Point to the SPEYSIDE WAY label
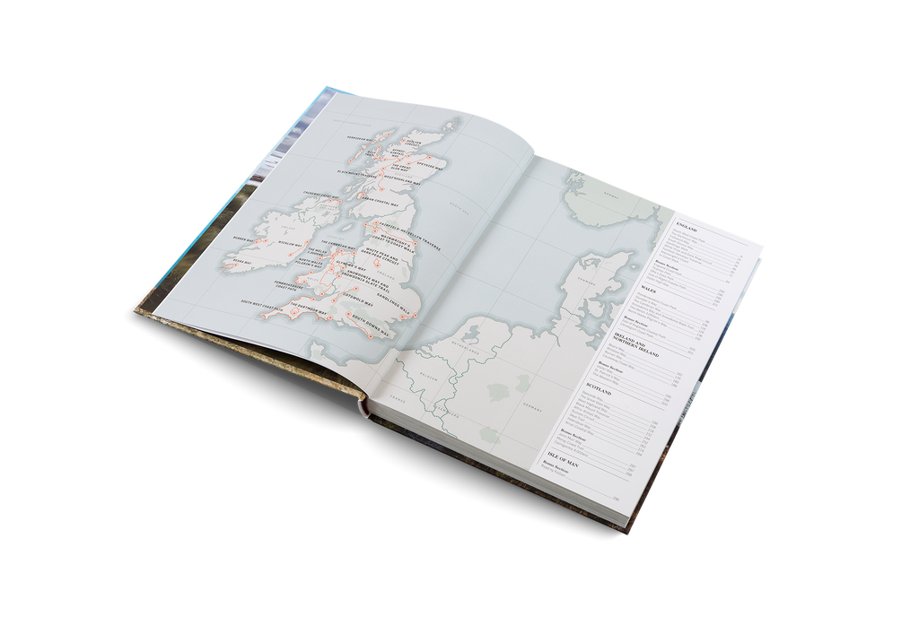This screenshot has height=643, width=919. coord(430,166)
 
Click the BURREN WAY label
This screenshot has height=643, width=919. coord(246,239)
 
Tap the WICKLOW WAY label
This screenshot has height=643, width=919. coord(292,244)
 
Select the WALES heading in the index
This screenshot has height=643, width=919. coord(652,291)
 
